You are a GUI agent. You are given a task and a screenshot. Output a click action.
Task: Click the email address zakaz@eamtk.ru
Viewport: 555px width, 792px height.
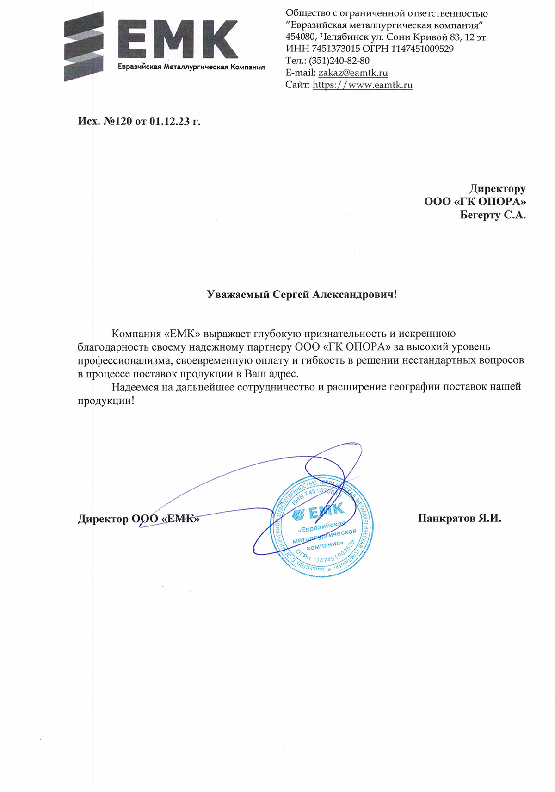(x=353, y=73)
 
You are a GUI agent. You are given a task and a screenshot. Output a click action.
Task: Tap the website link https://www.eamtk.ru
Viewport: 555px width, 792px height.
(x=363, y=85)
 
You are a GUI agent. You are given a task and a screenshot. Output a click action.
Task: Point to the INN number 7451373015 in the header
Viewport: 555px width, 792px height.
(x=336, y=49)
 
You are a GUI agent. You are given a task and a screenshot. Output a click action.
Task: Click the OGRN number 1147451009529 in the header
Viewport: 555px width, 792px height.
(x=422, y=49)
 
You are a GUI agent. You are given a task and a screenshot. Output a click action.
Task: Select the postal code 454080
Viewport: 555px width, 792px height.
(x=301, y=37)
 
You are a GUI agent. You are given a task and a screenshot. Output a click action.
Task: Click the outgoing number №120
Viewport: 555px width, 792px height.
(x=117, y=121)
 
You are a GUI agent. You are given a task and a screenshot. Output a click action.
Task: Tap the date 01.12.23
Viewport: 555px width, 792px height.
(x=169, y=121)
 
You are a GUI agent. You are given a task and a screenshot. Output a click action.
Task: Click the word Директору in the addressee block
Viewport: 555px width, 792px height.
(x=498, y=188)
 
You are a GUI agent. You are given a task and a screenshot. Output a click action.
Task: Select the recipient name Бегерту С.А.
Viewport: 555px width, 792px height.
(x=493, y=215)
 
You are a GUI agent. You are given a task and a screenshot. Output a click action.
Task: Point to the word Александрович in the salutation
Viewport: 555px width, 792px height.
(x=354, y=294)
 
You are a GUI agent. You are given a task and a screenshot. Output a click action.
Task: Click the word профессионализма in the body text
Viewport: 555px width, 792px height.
(x=125, y=360)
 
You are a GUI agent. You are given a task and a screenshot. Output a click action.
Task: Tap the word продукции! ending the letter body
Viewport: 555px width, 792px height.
(x=106, y=400)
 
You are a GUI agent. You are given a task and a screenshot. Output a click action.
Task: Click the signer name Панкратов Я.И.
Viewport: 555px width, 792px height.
(x=459, y=518)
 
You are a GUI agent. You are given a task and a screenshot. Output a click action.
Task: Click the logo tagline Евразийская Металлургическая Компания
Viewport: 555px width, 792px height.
(x=191, y=67)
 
